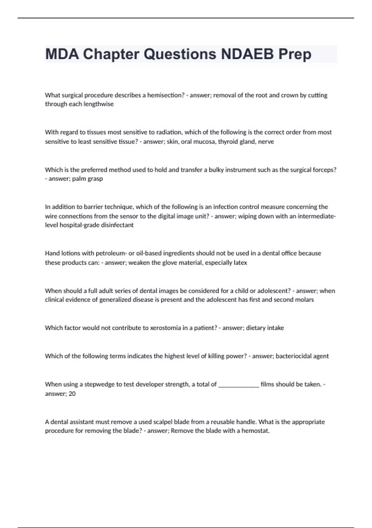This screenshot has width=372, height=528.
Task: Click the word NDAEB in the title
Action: pos(247,54)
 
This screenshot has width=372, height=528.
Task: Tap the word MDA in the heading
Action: pos(61,54)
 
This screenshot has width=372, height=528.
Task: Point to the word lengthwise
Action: pos(99,104)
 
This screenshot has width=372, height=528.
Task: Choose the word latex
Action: pos(240,262)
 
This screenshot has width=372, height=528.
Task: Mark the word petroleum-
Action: pos(113,253)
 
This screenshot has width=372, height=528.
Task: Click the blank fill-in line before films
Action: pos(239,385)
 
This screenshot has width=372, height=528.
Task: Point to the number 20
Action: pos(72,394)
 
